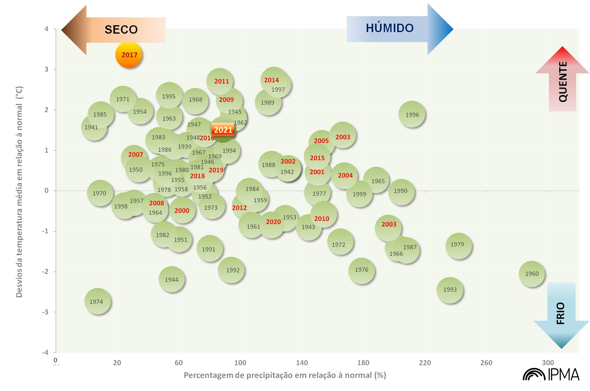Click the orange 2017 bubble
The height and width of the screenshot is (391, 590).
129,55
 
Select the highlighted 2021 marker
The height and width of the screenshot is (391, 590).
223,130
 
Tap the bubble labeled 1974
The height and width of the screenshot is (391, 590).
98,301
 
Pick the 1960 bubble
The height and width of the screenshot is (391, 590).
532,274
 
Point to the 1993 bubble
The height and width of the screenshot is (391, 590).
450,290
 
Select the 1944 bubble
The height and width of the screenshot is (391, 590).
171,279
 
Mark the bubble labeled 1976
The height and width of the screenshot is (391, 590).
361,270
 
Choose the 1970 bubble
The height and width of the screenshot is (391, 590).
100,193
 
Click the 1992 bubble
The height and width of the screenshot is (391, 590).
231,270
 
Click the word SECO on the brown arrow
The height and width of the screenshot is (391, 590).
121,30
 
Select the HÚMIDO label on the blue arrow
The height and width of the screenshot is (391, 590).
390,28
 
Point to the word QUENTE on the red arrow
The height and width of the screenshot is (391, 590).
563,82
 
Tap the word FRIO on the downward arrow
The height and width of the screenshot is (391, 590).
560,313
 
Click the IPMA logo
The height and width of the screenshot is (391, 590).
551,374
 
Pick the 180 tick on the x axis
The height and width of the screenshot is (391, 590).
363,363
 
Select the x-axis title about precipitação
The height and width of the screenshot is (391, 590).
285,375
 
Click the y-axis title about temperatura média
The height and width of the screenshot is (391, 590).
19,192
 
